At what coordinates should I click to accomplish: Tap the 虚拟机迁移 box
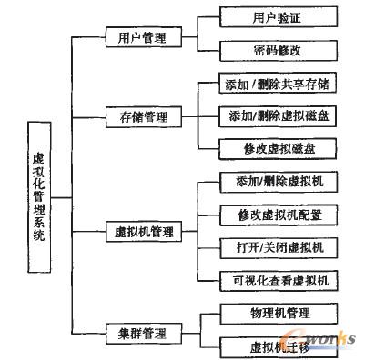tap(266, 345)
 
